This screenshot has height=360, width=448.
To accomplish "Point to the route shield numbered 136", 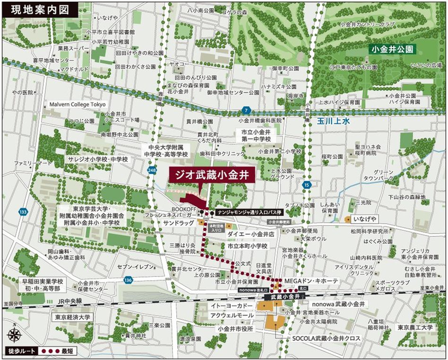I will (128, 281).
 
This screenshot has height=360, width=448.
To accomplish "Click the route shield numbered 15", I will (308, 184).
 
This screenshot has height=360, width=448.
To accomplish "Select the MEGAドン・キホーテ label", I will (311, 281).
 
